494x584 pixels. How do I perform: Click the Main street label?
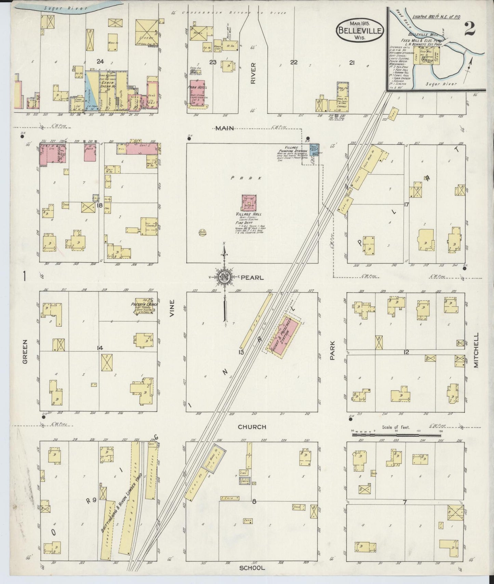pos(224,128)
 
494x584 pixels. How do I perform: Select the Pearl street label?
pos(252,278)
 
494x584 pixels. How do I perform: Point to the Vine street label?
pos(172,308)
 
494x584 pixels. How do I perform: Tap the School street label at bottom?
pos(252,568)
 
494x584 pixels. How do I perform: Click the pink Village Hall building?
pos(249,203)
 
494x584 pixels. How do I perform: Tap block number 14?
pos(99,348)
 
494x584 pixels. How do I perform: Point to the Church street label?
pos(252,427)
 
